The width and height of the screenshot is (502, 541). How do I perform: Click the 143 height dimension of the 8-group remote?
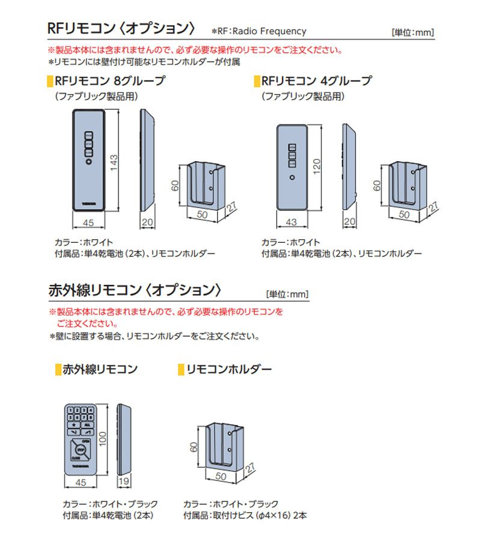click(x=114, y=161)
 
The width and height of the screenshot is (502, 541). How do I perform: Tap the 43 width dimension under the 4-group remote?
click(x=292, y=222)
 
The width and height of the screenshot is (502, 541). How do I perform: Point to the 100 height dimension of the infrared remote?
click(x=103, y=440)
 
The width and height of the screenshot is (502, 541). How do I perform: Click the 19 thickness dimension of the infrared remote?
click(x=124, y=482)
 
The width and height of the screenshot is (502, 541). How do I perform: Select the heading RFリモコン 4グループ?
click(x=317, y=81)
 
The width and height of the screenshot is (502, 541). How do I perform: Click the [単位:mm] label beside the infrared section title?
click(x=287, y=294)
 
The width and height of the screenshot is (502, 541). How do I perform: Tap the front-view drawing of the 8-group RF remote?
click(x=88, y=159)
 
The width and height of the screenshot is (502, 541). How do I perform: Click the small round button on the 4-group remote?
click(x=292, y=178)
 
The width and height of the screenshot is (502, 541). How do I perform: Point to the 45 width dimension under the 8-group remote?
click(x=88, y=222)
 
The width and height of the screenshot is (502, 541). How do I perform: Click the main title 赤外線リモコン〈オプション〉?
click(x=135, y=290)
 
